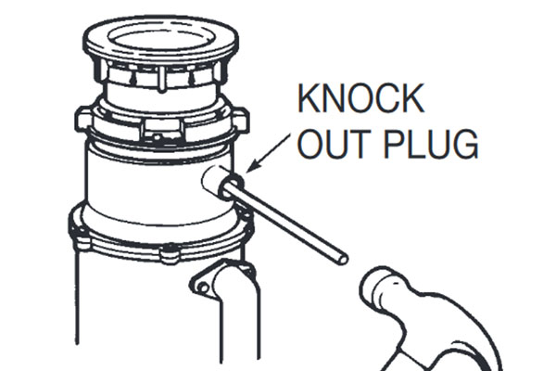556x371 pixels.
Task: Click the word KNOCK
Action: (360, 98)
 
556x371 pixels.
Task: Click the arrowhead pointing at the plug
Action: (251, 167)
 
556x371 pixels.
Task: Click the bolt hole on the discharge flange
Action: (203, 288)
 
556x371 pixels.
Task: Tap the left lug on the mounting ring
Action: (83, 120)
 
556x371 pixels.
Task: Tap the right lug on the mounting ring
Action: (240, 120)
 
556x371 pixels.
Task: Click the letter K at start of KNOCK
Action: (310, 98)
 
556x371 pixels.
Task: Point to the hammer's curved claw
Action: (461, 340)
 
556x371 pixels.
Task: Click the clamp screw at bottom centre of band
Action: (170, 251)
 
